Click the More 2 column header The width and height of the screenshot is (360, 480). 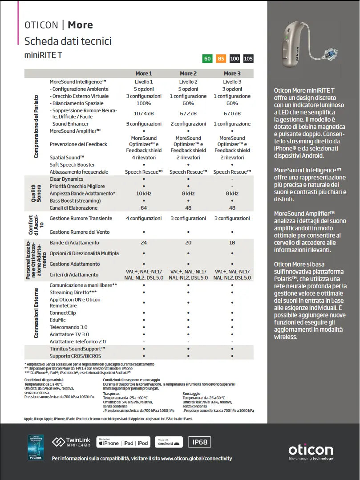[x=188, y=73]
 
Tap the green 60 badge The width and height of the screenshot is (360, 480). [x=207, y=58]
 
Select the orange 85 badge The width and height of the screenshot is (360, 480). [x=221, y=58]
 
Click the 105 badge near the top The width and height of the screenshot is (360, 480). [x=248, y=58]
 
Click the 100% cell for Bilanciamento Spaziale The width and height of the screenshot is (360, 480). [x=144, y=103]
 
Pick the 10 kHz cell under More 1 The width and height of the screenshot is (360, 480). [x=144, y=194]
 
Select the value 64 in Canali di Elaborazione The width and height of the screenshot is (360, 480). [x=144, y=208]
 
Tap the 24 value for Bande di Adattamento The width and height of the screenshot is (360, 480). [x=144, y=243]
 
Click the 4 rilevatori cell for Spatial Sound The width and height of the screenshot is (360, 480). [x=144, y=158]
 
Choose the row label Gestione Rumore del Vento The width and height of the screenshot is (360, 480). [x=80, y=232]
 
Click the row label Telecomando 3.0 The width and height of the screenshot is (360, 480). [x=69, y=327]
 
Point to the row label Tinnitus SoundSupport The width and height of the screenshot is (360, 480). [x=77, y=349]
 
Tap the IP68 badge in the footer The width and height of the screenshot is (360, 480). [x=199, y=442]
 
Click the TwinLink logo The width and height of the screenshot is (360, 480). [x=71, y=442]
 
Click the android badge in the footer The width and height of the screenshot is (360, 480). [x=169, y=442]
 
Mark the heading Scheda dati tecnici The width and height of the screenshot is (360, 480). [x=68, y=41]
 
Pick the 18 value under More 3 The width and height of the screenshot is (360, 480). [x=232, y=243]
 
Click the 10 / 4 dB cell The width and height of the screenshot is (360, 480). [x=144, y=114]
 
